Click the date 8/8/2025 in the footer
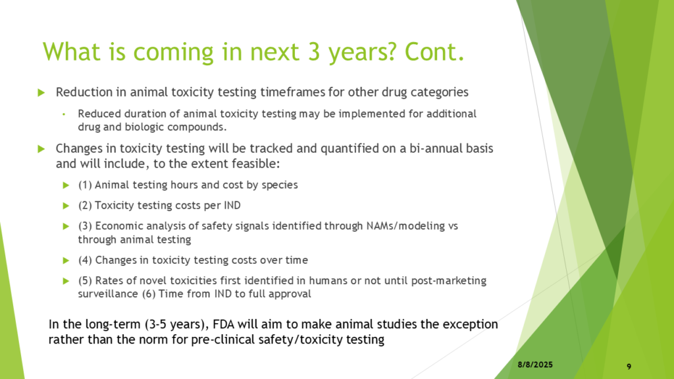pyautogui.click(x=535, y=365)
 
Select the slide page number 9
pyautogui.click(x=629, y=366)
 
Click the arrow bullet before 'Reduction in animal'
pyautogui.click(x=41, y=92)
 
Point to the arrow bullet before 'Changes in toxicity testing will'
pyautogui.click(x=41, y=149)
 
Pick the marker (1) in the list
pyautogui.click(x=85, y=185)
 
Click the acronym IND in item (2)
pyautogui.click(x=232, y=205)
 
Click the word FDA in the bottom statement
pyautogui.click(x=223, y=324)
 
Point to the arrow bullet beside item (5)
pyautogui.click(x=66, y=281)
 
